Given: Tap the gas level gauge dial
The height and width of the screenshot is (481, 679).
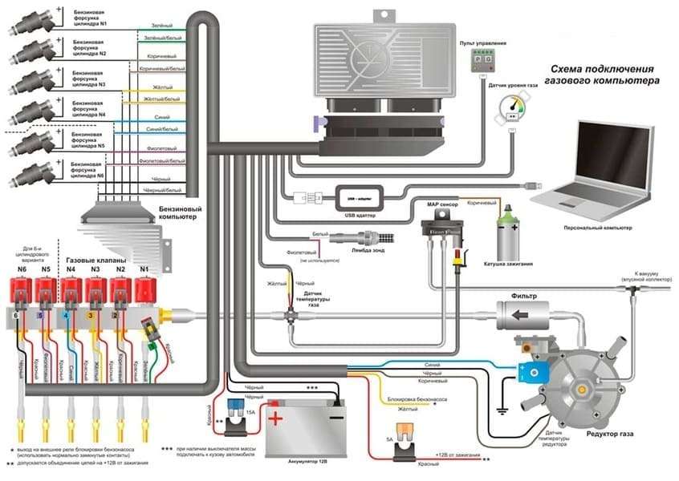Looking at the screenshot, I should pos(511,109).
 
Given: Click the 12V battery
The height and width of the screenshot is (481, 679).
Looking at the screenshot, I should pos(305,426).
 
